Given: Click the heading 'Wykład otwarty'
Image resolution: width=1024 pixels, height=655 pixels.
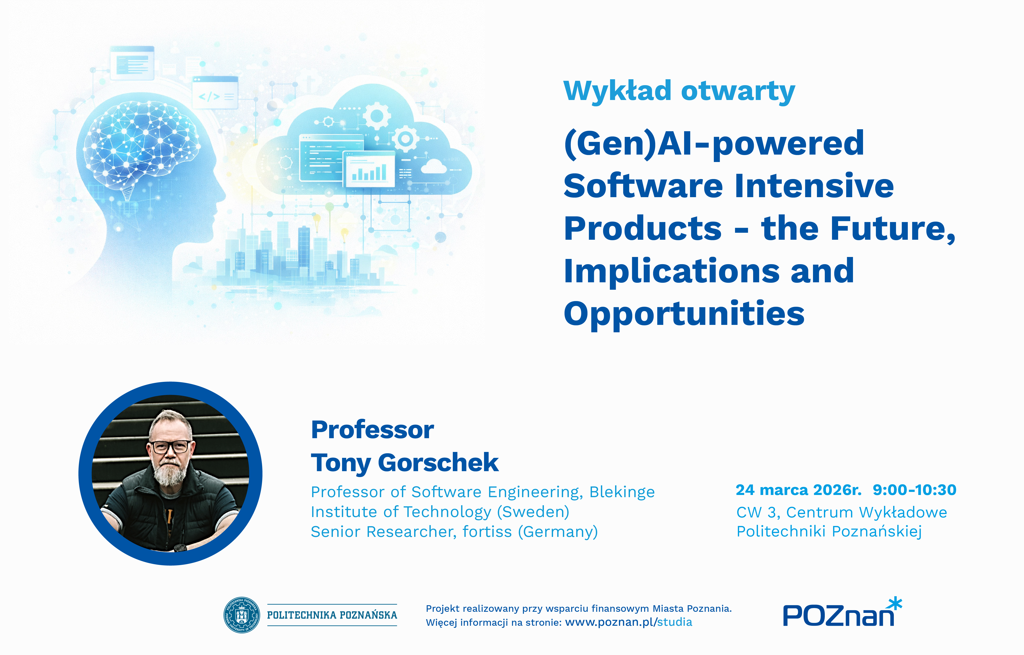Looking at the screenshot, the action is [x=679, y=91].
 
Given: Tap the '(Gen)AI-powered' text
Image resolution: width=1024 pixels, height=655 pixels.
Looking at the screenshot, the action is [x=714, y=144].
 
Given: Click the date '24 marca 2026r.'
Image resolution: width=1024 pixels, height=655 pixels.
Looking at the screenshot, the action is [x=799, y=490].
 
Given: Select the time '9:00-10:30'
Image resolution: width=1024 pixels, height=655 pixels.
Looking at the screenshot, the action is [x=915, y=490].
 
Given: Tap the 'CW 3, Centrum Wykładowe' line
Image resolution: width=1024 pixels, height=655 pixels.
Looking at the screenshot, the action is [x=841, y=512].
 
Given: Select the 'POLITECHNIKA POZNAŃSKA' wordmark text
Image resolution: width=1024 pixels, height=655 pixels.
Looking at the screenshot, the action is [x=332, y=615].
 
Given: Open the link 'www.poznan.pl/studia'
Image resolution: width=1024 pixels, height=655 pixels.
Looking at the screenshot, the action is [x=628, y=622].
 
